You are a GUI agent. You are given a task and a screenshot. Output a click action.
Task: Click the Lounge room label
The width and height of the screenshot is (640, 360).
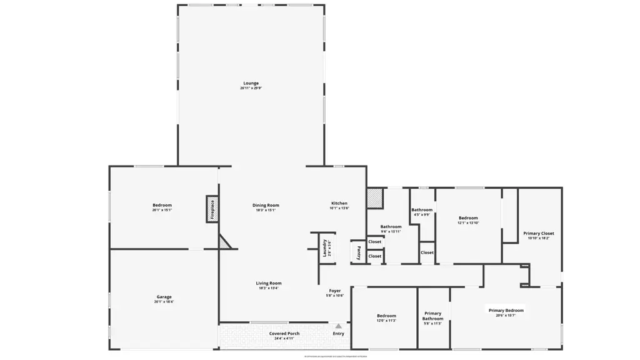point(251,83)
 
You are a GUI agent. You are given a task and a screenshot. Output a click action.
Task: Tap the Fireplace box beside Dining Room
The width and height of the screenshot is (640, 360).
point(212,209)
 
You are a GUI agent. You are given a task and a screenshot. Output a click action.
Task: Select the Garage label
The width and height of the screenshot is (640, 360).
point(164,297)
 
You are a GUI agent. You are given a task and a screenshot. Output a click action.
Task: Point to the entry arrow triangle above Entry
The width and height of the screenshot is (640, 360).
point(338,326)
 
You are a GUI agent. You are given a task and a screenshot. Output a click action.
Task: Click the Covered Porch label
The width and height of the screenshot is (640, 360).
point(284,334)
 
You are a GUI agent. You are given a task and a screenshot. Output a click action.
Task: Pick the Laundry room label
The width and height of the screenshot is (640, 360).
point(325,248)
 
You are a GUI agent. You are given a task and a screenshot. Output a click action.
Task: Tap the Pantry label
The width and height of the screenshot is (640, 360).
point(358,252)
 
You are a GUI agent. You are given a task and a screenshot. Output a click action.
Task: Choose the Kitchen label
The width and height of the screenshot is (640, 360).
point(339,203)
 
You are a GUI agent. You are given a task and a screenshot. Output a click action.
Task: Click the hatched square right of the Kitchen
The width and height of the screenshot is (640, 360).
point(374,198)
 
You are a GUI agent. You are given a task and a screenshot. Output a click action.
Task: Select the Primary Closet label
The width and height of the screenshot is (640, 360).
point(538,233)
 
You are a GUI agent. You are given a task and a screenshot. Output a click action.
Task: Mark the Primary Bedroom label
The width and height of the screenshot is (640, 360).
point(506,310)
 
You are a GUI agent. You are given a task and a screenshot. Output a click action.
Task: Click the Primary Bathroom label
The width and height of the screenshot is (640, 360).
point(432,316)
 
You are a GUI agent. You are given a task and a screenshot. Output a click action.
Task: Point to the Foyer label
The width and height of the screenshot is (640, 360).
point(335,291)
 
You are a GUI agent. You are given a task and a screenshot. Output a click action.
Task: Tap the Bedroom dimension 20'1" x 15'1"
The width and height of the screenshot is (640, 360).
point(162,210)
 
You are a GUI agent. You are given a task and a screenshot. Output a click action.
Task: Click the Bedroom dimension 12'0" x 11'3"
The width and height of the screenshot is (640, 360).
point(386,321)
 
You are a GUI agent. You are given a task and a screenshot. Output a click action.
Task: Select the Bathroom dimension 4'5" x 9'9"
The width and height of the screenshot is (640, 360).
point(422,214)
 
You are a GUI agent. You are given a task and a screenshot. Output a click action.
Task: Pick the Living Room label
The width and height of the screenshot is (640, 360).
point(269,283)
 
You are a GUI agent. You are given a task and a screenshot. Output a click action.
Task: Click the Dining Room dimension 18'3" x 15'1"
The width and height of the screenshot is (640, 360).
point(266,210)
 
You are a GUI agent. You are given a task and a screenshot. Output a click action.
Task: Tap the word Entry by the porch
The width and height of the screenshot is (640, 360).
point(338,334)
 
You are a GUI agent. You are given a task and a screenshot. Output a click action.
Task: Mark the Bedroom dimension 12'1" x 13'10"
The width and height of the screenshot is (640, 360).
point(468,223)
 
